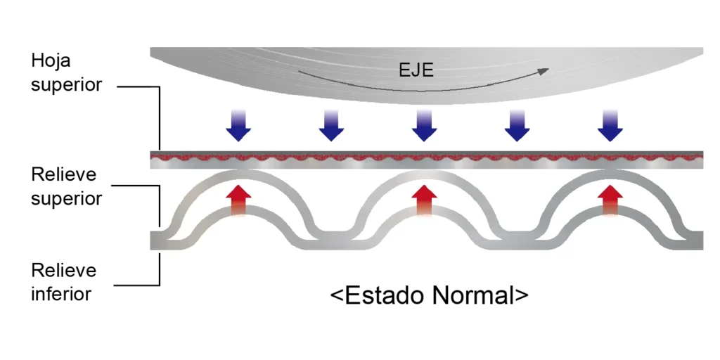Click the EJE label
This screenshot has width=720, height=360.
416,70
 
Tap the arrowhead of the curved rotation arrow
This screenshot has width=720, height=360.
544,70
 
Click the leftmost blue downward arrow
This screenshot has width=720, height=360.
238,126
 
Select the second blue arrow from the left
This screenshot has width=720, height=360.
331,126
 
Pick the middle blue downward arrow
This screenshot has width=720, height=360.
424,126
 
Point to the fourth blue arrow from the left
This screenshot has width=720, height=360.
517,126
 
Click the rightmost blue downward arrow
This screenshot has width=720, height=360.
610,126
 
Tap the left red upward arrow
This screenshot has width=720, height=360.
239,200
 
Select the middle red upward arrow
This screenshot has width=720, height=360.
424,200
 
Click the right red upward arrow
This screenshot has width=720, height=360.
610,200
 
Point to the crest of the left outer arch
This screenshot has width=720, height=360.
239,175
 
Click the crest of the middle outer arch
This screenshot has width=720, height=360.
424,175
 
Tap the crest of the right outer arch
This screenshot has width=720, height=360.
610,175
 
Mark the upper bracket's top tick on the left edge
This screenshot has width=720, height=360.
148,87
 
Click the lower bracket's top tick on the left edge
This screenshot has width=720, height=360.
148,186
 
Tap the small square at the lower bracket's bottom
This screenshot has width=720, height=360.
160,267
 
